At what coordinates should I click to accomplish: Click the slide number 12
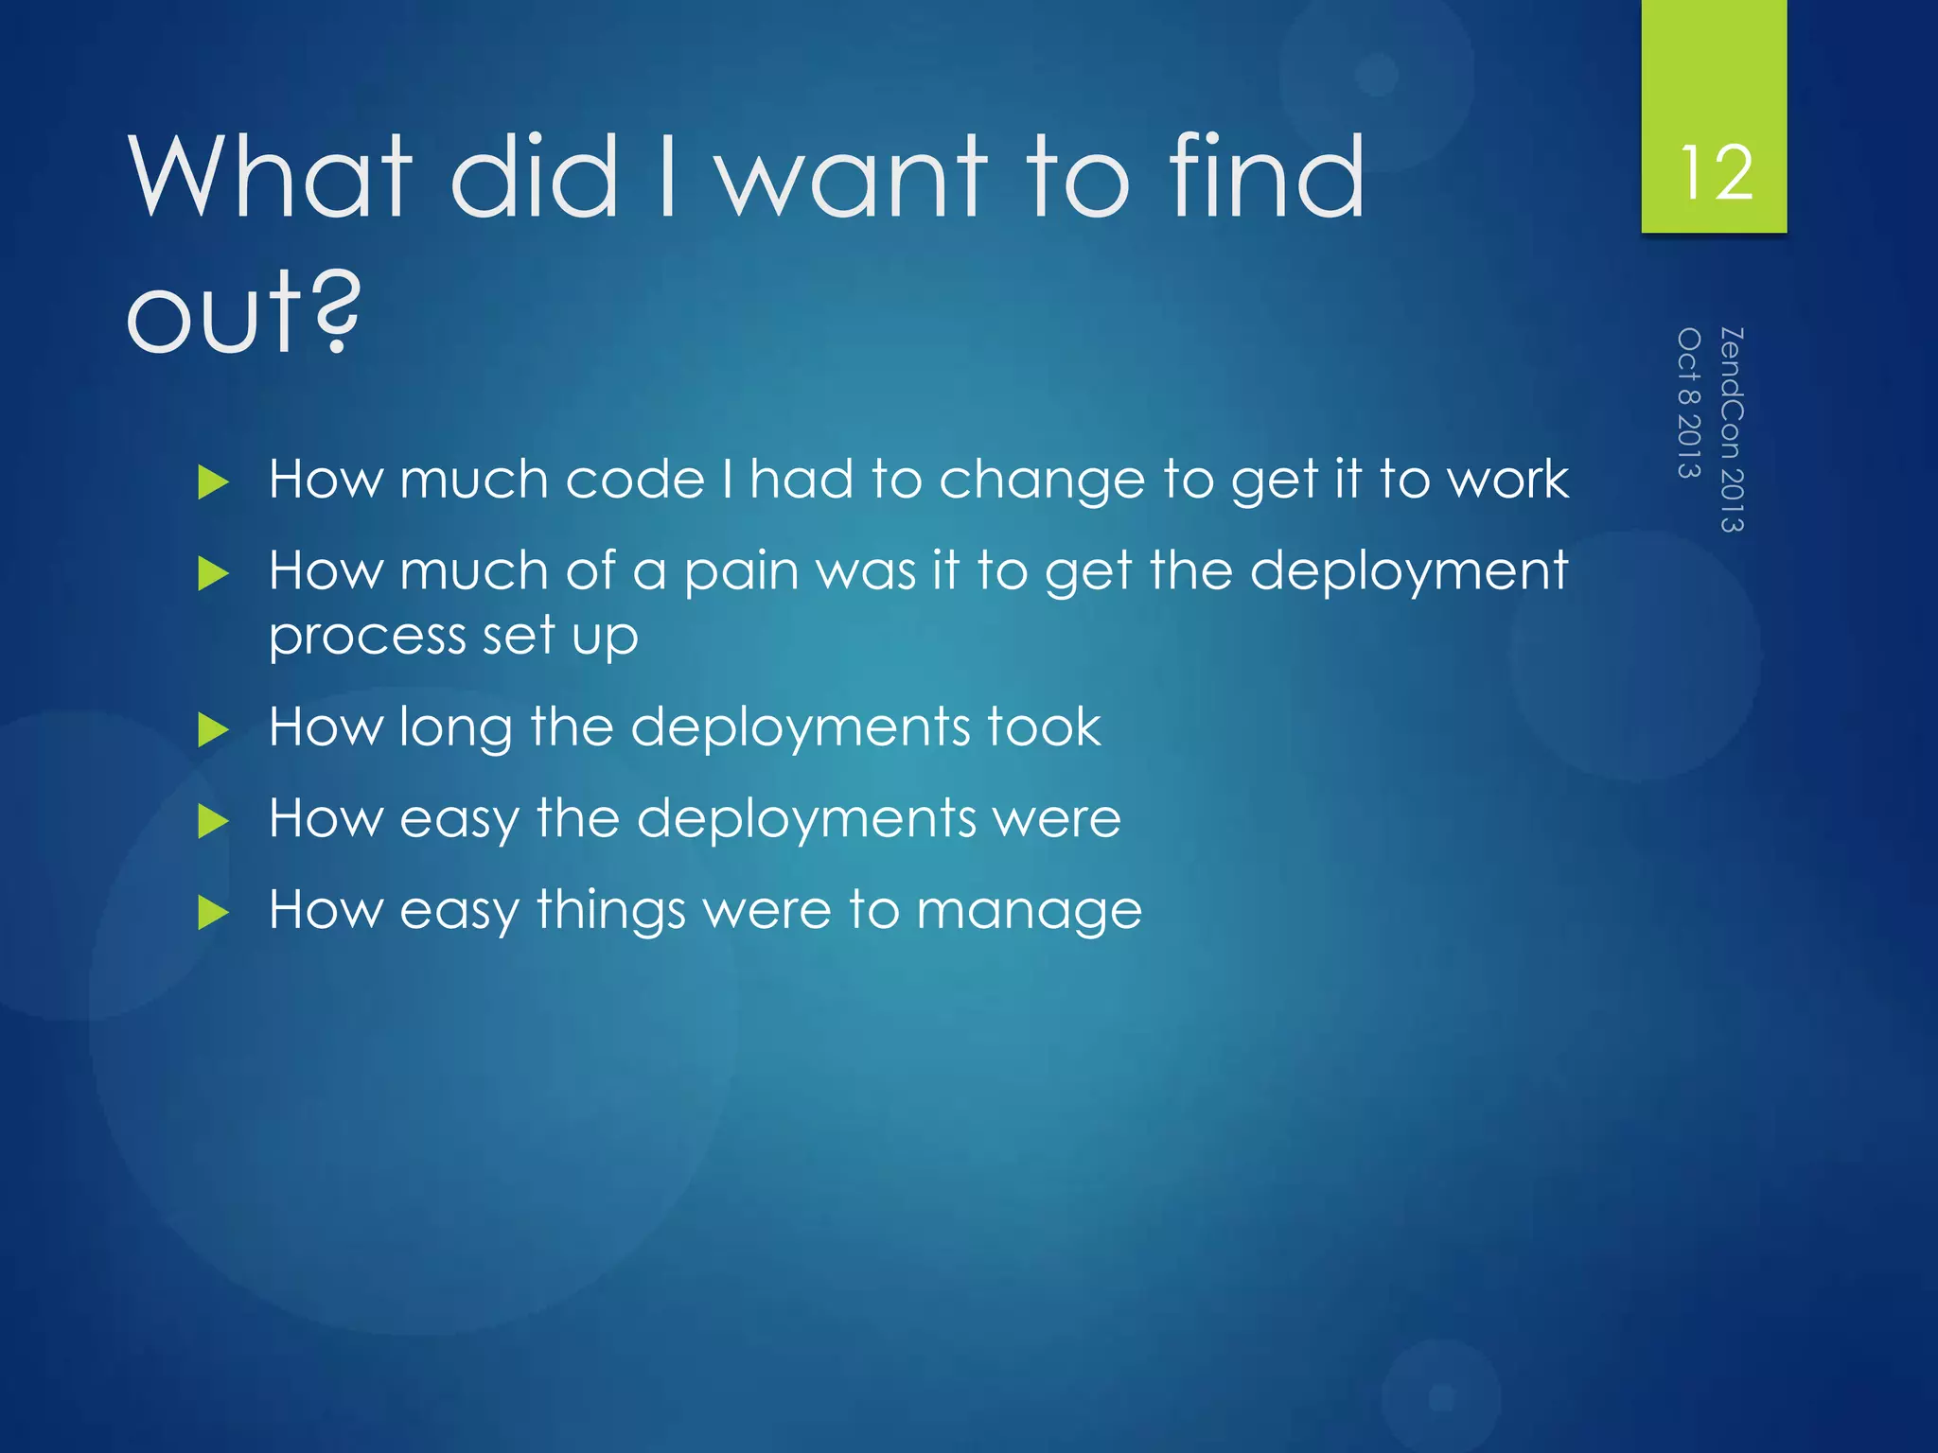click(x=1715, y=173)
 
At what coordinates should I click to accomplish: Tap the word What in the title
click(x=270, y=176)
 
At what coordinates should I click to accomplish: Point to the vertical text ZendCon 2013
click(x=1731, y=429)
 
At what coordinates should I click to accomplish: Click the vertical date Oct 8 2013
click(x=1689, y=403)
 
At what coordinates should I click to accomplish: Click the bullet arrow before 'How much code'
click(x=214, y=482)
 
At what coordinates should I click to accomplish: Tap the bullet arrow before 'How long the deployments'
click(x=214, y=730)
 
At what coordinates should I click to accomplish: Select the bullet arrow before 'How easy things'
click(x=214, y=913)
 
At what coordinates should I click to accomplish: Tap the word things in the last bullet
click(x=610, y=911)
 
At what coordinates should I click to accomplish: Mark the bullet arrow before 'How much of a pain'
click(x=214, y=574)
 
